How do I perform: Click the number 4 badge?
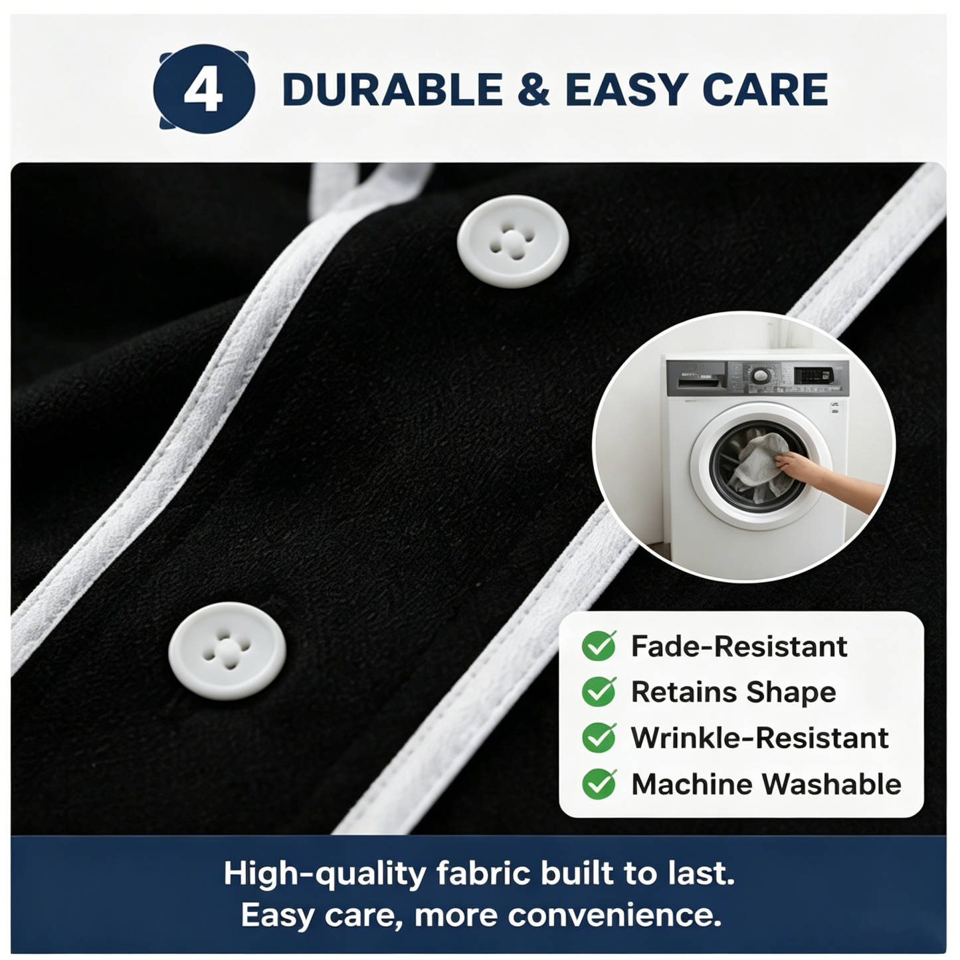pyautogui.click(x=204, y=89)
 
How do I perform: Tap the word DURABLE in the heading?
pyautogui.click(x=393, y=90)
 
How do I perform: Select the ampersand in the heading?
pyautogui.click(x=533, y=90)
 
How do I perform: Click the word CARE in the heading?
pyautogui.click(x=765, y=90)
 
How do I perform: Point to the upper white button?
pyautogui.click(x=513, y=241)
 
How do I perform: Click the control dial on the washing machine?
pyautogui.click(x=759, y=375)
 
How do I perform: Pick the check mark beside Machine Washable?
pyautogui.click(x=599, y=783)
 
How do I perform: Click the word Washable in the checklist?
pyautogui.click(x=832, y=784)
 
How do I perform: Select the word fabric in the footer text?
pyautogui.click(x=484, y=873)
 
